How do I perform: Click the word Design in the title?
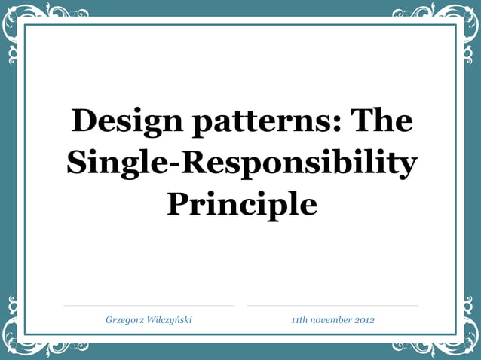[123, 121]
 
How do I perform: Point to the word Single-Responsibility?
[241, 163]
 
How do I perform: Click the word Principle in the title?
[241, 203]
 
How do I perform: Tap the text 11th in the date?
[299, 320]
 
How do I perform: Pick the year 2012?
[364, 320]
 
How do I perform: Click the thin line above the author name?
[149, 306]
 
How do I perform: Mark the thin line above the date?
[332, 306]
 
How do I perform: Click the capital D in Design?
[84, 121]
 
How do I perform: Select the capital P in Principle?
[179, 203]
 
